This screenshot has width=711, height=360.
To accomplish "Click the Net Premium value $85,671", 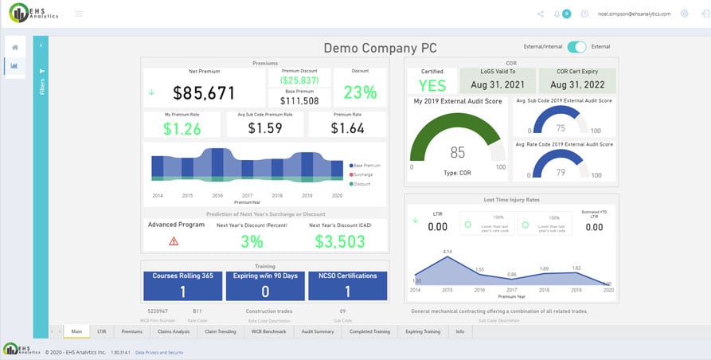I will [204, 93].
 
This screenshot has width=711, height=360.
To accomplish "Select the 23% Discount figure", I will [360, 92].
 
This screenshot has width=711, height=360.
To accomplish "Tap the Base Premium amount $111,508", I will [300, 100].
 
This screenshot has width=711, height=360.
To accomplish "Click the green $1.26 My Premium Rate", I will [182, 128].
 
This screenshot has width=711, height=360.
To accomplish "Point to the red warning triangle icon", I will [174, 241].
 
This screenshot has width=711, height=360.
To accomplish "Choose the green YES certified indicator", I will [432, 85].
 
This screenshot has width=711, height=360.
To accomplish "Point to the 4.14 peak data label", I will [448, 252].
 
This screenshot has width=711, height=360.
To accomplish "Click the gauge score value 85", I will [457, 152].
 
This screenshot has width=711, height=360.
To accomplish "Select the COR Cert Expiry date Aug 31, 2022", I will [577, 84].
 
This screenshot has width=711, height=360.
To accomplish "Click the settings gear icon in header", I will [684, 14].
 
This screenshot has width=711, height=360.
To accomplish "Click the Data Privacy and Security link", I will [159, 351].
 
